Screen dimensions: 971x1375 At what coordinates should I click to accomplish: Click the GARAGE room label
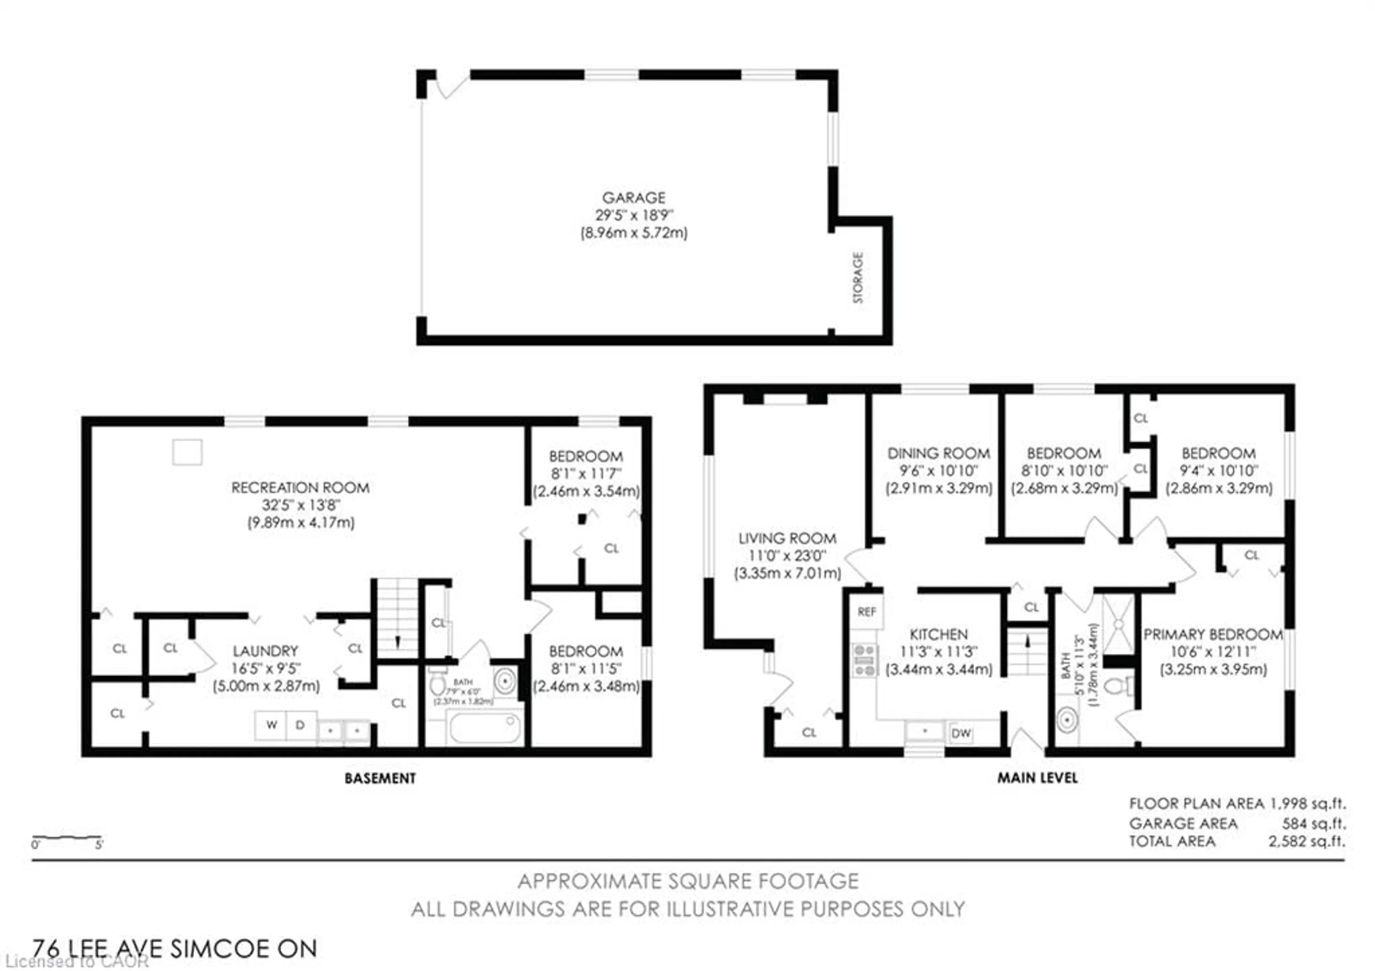[633, 198]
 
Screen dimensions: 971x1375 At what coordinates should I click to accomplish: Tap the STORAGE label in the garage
[858, 277]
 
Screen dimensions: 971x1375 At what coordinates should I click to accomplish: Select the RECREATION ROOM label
[300, 487]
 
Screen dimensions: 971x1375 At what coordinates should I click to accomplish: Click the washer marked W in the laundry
[271, 725]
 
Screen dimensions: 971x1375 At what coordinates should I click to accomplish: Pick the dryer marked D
[300, 725]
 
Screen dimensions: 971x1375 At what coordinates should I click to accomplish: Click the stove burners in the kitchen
[864, 660]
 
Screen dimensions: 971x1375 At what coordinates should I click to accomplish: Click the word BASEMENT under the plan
[380, 778]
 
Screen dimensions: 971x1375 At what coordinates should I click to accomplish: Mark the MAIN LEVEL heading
[1037, 778]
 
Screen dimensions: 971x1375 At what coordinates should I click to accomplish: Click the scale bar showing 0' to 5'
[67, 838]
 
